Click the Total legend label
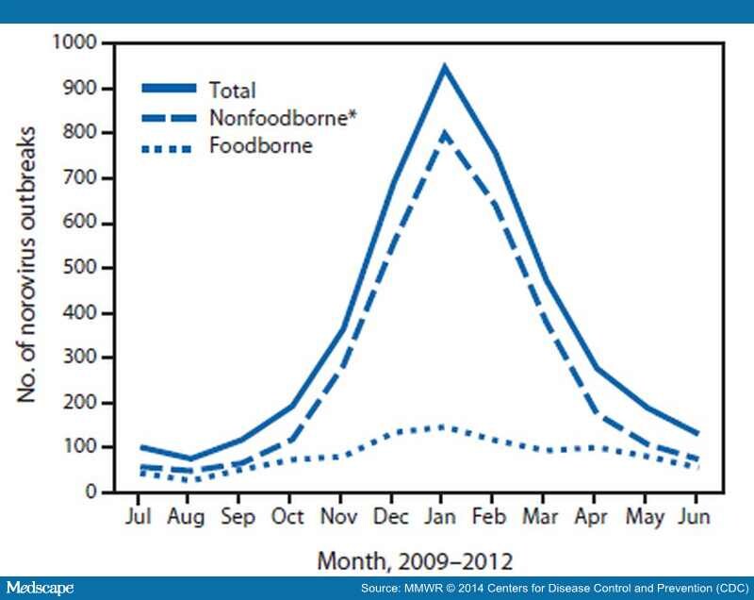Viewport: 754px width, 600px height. [x=235, y=91]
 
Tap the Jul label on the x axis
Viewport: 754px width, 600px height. [x=139, y=518]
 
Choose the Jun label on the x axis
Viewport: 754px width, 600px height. [x=696, y=518]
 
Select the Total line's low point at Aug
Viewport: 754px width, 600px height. [x=189, y=459]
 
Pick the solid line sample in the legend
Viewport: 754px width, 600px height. [x=170, y=88]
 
